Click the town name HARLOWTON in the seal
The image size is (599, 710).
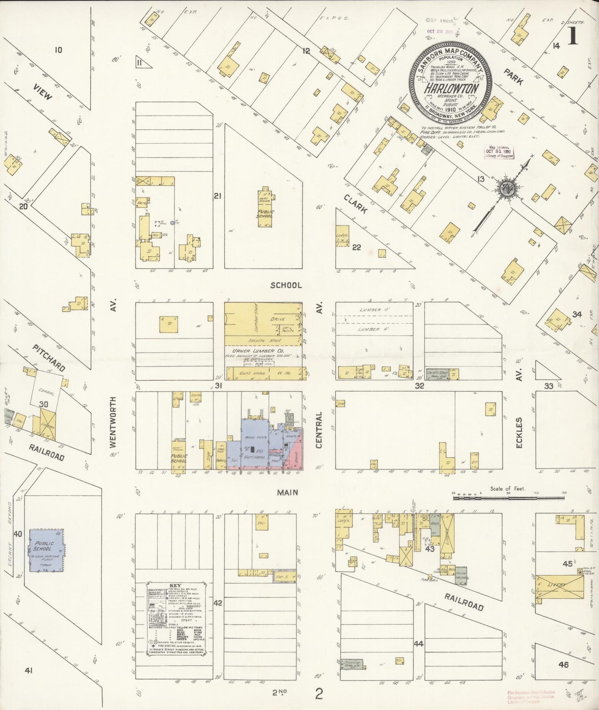pyautogui.click(x=451, y=89)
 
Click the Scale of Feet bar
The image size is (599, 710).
pyautogui.click(x=508, y=497)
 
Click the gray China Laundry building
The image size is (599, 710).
pyautogui.click(x=461, y=576)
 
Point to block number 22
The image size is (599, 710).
pyautogui.click(x=356, y=248)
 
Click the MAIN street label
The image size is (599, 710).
pyautogui.click(x=288, y=492)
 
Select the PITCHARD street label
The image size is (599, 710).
pyautogui.click(x=49, y=358)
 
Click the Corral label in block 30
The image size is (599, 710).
pyautogui.click(x=46, y=389)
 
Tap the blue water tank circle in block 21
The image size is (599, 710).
pyautogui.click(x=172, y=223)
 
